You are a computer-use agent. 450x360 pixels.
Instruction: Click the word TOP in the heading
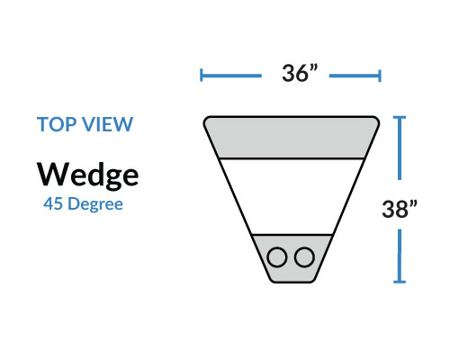tap(57, 124)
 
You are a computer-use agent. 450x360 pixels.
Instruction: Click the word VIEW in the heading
tap(108, 124)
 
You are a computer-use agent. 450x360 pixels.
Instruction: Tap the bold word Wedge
tap(87, 175)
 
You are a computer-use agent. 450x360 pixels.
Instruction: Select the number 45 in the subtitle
tap(53, 204)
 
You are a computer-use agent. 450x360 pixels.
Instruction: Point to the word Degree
tap(95, 205)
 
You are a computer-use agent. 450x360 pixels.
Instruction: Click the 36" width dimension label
tap(299, 73)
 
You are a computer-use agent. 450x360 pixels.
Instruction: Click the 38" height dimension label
tap(400, 209)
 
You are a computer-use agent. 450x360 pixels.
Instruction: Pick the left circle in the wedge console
tap(277, 257)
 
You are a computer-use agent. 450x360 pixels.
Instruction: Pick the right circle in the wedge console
tap(304, 257)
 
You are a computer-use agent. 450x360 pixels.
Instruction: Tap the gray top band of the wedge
tap(292, 137)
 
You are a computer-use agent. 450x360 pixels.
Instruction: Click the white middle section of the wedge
tap(292, 196)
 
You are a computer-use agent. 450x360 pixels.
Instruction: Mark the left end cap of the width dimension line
tap(202, 76)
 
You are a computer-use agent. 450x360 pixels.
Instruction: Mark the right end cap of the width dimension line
tap(380, 76)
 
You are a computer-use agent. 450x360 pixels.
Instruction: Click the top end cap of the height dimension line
tap(400, 117)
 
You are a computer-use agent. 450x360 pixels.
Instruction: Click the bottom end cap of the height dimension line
tap(400, 282)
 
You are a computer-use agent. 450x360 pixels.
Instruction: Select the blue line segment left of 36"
tap(231, 76)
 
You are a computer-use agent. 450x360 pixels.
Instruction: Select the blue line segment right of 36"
tap(355, 76)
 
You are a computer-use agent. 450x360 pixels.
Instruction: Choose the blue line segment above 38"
tap(400, 148)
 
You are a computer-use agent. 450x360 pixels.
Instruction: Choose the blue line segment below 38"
tap(400, 256)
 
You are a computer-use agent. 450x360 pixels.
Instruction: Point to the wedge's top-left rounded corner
tap(205, 119)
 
